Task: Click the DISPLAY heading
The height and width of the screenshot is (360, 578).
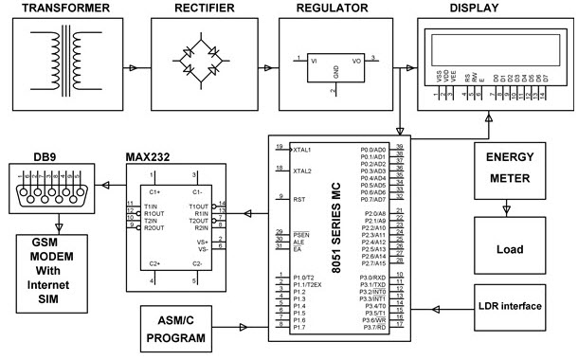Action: pyautogui.click(x=495, y=9)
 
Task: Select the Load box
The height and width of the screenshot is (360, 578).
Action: pyautogui.click(x=509, y=250)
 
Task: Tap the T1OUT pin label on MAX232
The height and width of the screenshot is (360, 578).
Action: pyautogui.click(x=198, y=207)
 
